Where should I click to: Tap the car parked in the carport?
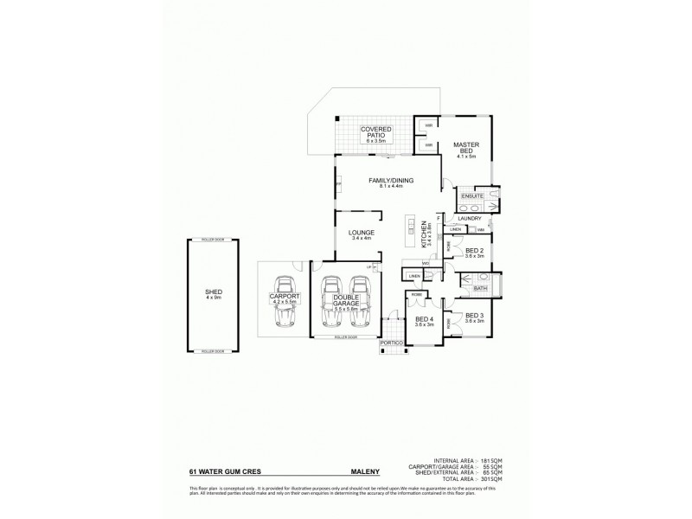click(x=284, y=303)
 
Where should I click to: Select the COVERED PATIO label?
click(x=377, y=131)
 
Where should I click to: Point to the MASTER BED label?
click(x=466, y=148)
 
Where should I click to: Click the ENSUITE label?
click(x=472, y=196)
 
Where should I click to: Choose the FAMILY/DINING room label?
click(x=391, y=181)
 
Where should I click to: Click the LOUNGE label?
click(x=360, y=232)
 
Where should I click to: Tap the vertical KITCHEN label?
click(x=423, y=234)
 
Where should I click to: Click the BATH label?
click(x=480, y=289)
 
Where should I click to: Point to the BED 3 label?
click(x=475, y=316)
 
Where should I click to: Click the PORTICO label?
click(x=390, y=343)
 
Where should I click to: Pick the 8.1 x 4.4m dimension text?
click(x=391, y=187)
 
